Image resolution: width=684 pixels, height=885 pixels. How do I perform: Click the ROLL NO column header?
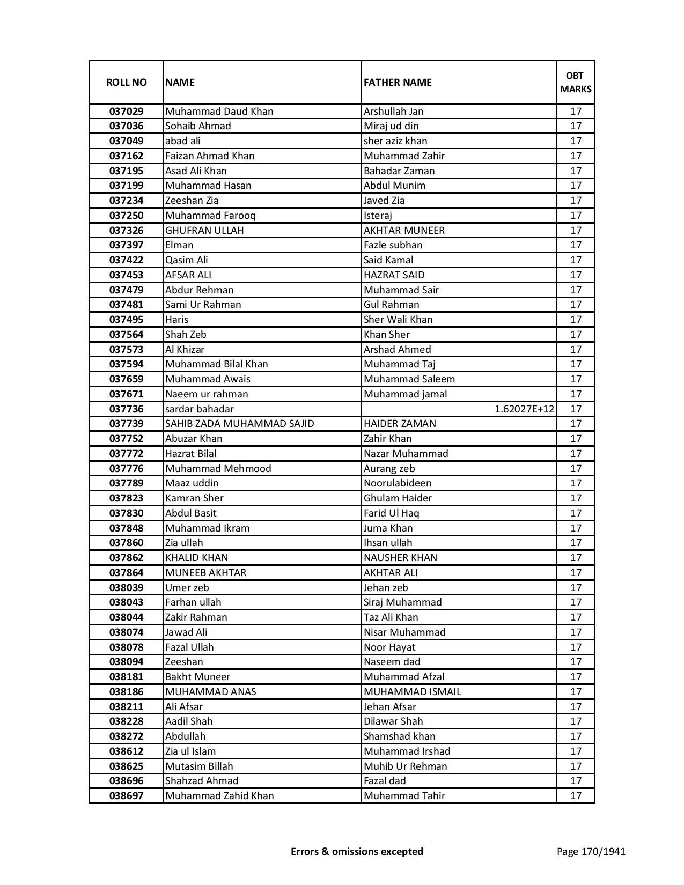(x=126, y=82)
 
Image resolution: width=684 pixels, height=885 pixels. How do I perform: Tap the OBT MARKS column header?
(x=576, y=82)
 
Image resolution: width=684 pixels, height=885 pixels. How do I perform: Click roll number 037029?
(x=126, y=112)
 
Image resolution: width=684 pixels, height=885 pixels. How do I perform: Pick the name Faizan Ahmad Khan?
(x=210, y=156)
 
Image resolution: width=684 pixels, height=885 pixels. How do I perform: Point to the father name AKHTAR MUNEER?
(x=404, y=231)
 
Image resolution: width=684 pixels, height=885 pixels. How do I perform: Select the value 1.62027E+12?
(x=524, y=409)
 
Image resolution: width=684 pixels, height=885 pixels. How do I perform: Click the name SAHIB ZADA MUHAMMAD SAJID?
(x=240, y=424)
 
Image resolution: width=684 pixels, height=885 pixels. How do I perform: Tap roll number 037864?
(x=126, y=573)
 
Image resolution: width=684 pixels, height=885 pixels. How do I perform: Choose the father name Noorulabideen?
(x=398, y=483)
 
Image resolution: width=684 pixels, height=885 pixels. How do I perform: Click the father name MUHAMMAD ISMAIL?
(x=412, y=692)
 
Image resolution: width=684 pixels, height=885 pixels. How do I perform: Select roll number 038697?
(x=126, y=796)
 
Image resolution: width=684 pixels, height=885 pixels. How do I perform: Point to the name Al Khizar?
(x=185, y=350)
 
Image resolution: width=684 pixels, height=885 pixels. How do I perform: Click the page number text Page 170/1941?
(x=591, y=851)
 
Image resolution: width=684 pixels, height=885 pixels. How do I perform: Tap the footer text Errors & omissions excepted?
(x=357, y=851)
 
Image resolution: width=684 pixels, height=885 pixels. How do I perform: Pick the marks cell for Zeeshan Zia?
(x=576, y=201)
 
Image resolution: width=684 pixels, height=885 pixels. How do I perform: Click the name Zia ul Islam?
(x=190, y=751)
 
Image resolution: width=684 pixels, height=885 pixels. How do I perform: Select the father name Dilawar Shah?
(x=393, y=721)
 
